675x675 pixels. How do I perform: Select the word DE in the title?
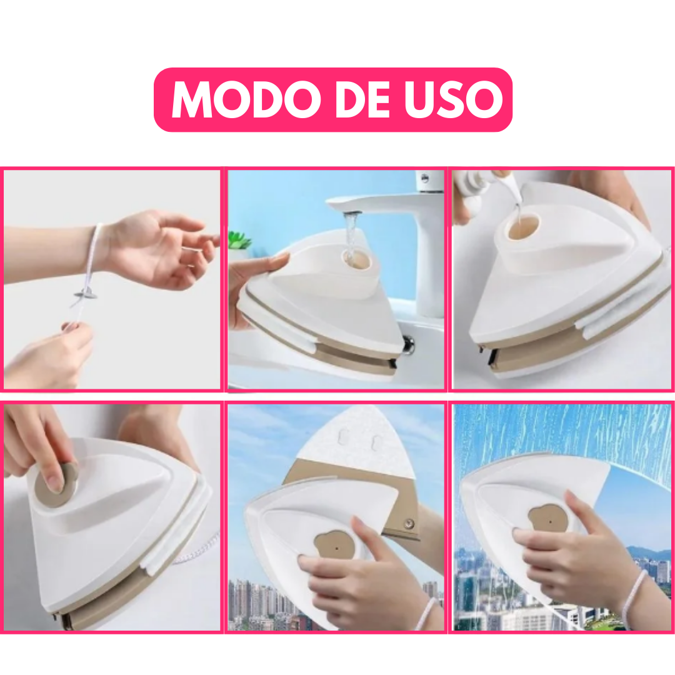point(363,99)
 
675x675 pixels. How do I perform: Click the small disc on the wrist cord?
point(85,295)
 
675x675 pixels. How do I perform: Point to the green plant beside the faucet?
point(239,240)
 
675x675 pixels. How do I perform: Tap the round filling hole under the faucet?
point(356,260)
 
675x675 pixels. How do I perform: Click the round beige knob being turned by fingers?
point(55,485)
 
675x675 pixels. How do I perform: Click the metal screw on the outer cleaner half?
point(410,524)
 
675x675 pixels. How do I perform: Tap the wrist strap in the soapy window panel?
point(632,598)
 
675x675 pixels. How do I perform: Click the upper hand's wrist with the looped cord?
point(96,249)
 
